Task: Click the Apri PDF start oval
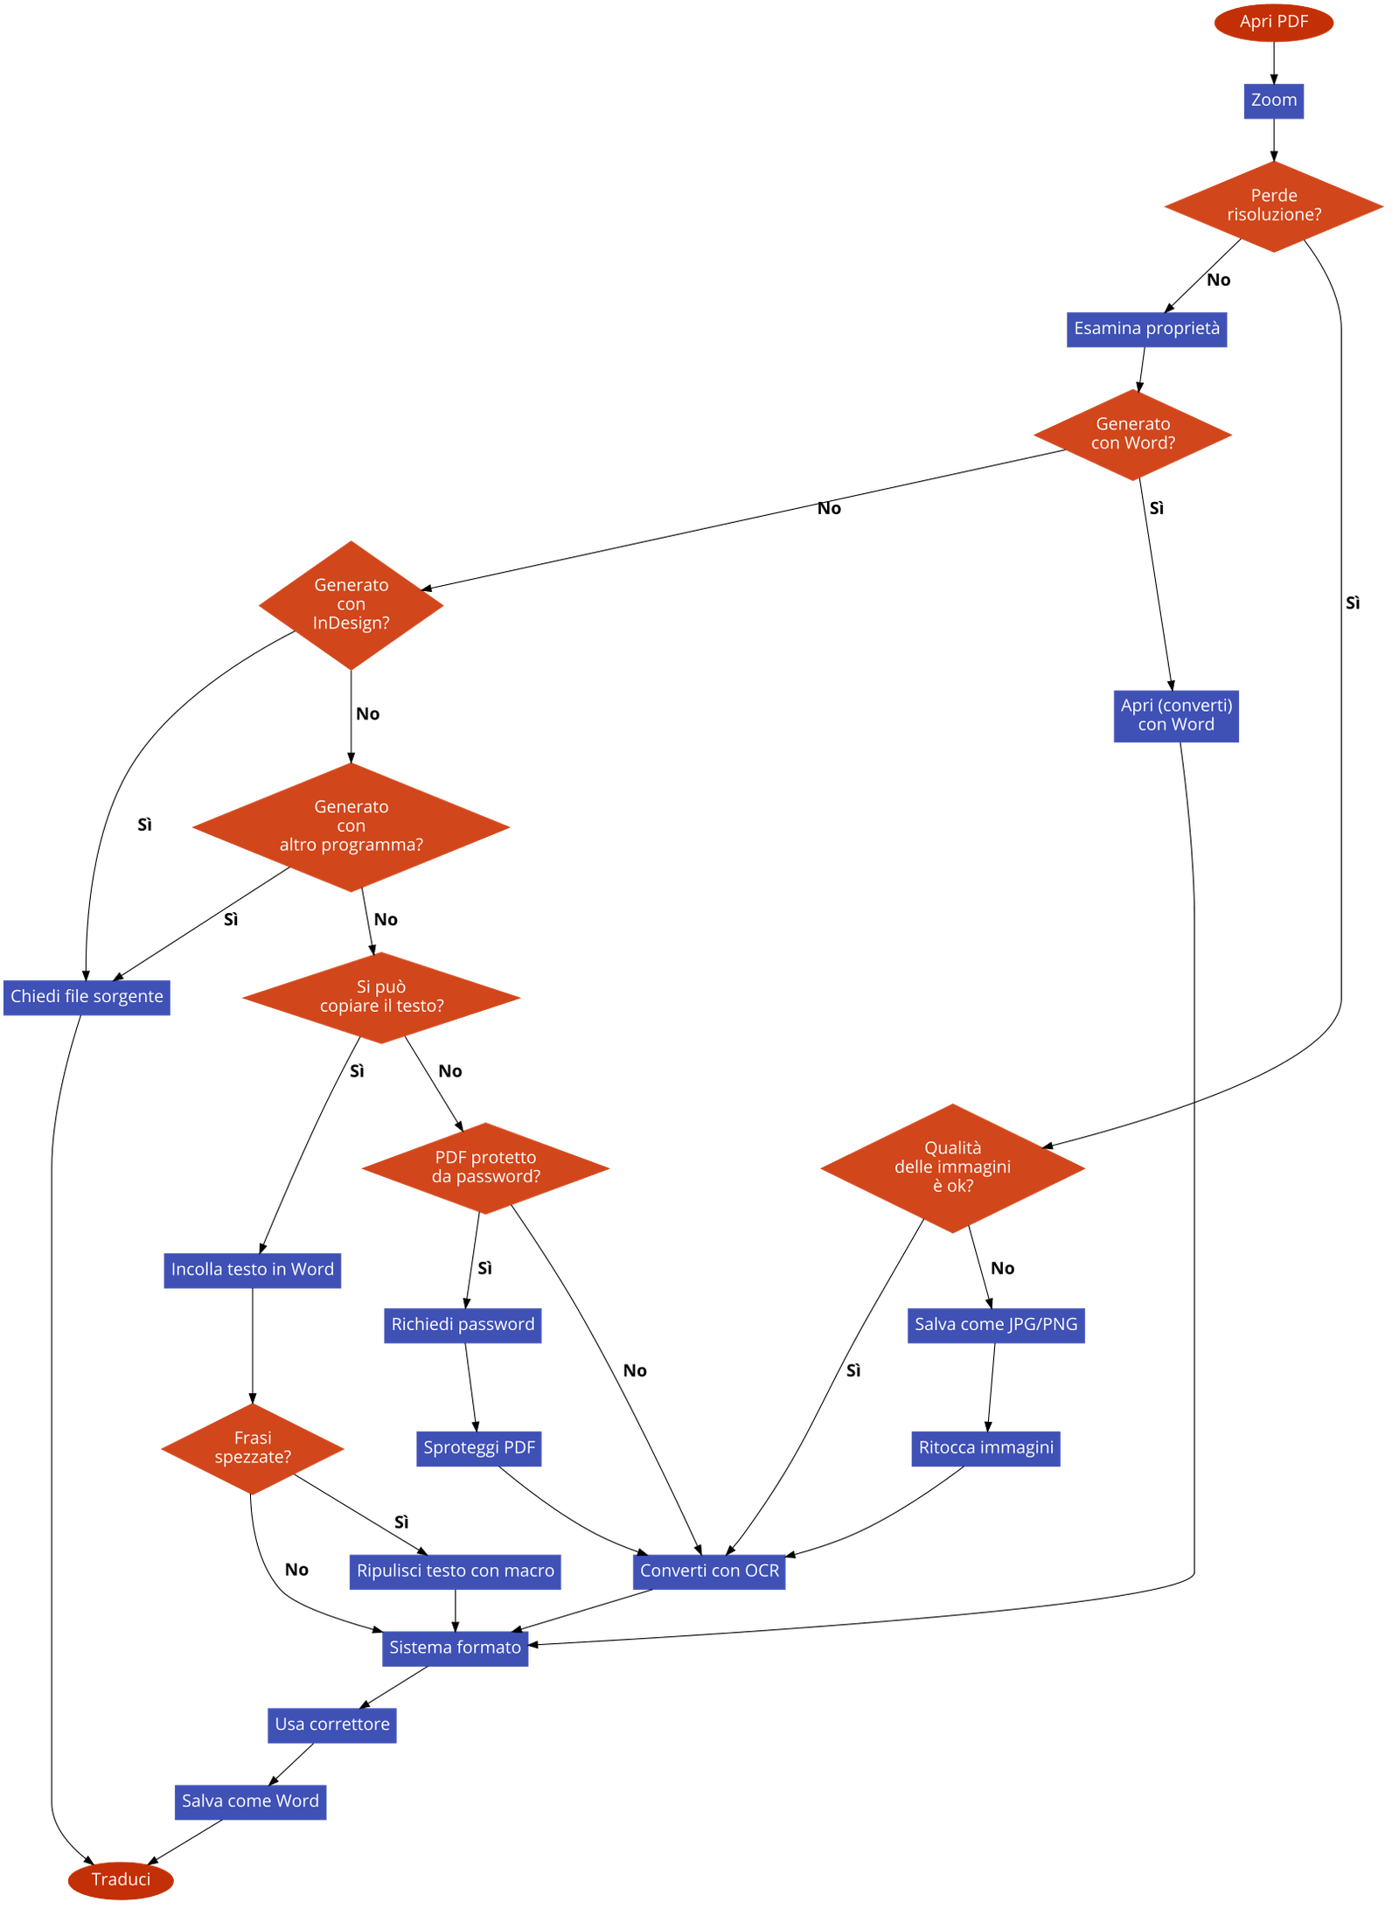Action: [1273, 22]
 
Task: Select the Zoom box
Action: [1273, 101]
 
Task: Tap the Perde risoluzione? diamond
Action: [1273, 206]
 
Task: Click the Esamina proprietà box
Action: [1146, 329]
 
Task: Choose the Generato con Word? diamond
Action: [1132, 434]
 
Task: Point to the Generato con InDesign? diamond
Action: [351, 604]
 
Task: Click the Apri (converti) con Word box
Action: [1176, 715]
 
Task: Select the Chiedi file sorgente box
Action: [87, 997]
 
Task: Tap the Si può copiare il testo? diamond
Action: [381, 997]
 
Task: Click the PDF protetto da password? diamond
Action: [485, 1167]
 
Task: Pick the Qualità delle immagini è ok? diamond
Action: [952, 1167]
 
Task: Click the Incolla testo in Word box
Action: [253, 1270]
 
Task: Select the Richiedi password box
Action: [463, 1325]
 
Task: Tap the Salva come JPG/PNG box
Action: [996, 1325]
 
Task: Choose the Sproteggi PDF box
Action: [479, 1448]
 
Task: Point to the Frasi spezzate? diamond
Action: [253, 1448]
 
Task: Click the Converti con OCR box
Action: [709, 1571]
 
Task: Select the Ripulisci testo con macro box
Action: [456, 1571]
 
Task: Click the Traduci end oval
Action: [121, 1879]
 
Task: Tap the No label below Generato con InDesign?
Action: [368, 714]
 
